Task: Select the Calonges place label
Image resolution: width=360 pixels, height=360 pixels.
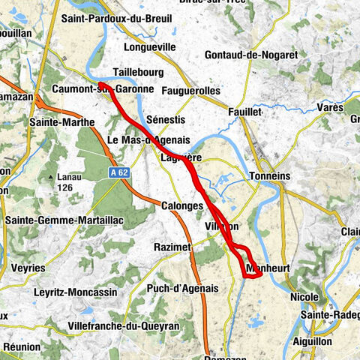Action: coord(181,205)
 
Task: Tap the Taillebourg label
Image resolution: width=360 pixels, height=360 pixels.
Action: coord(138,72)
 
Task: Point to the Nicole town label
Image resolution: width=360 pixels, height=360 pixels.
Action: coord(303,297)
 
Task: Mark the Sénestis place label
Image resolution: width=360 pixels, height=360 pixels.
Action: coord(166,120)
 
